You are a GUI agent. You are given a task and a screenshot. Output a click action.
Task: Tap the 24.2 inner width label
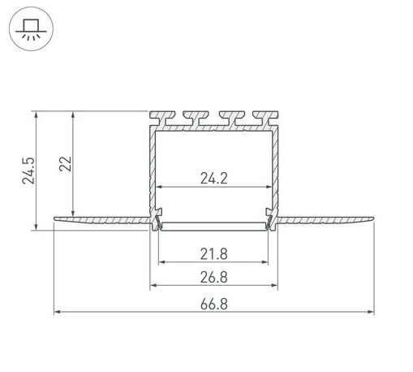213,175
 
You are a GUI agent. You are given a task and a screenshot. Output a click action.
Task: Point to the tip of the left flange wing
56,218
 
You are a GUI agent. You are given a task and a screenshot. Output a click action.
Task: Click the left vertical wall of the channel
153,171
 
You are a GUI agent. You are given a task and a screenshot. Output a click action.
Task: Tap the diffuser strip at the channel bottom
213,228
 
